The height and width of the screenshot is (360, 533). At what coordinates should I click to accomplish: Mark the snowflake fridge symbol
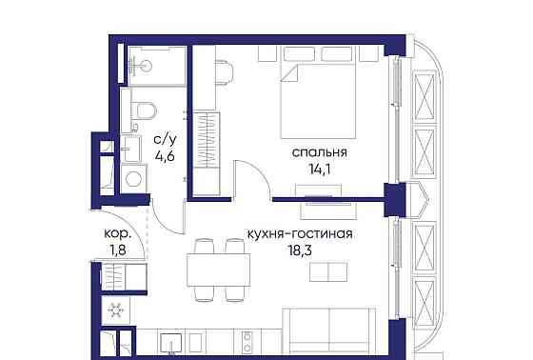(x=116, y=310)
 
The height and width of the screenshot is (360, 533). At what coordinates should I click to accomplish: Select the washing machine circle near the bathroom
(x=134, y=177)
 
